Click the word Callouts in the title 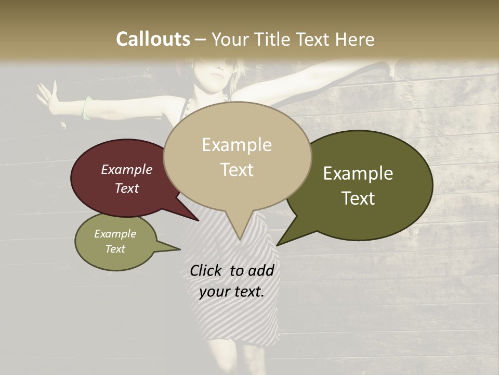click(153, 39)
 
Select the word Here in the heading click(355, 39)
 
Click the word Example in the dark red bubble click(127, 169)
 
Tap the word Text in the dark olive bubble click(359, 198)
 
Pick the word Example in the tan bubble click(237, 145)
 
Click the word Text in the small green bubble click(115, 249)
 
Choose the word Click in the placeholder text click(207, 270)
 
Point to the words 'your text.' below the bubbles click(231, 292)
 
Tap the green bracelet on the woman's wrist click(87, 108)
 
